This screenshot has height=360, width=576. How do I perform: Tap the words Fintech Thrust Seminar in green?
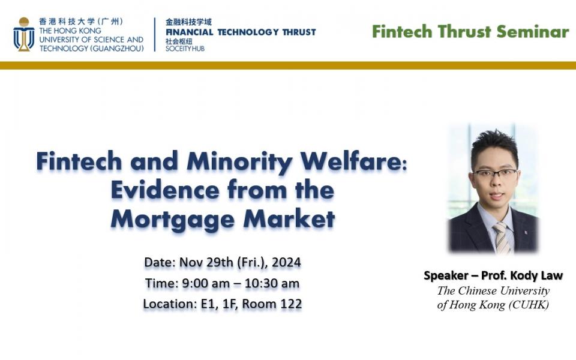point(470,32)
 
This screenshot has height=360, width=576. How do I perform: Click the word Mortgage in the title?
point(173,219)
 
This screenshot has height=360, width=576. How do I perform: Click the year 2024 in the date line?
point(287,263)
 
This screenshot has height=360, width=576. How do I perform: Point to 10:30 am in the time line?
point(269,283)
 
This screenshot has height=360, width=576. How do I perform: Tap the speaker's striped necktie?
point(501,238)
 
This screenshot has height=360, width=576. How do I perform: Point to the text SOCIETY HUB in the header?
point(185,48)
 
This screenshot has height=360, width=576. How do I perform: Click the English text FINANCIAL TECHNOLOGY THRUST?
point(241,32)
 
